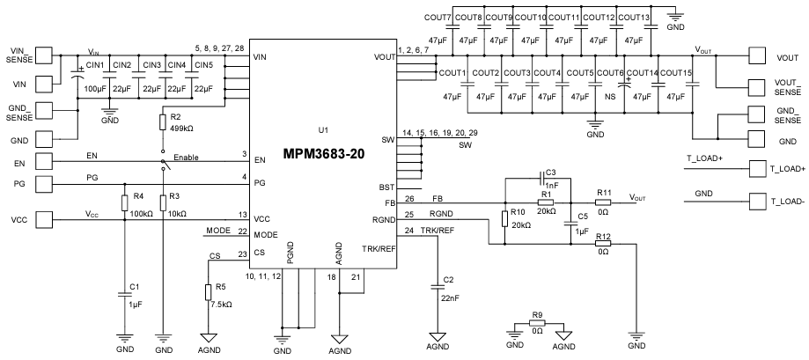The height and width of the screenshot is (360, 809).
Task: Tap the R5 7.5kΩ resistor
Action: click(208, 293)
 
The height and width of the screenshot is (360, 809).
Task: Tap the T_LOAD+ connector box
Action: click(758, 168)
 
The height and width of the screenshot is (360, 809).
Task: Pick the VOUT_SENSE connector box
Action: click(758, 86)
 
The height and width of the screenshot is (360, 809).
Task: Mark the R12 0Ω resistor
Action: click(603, 243)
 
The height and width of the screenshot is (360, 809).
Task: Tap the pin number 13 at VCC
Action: click(242, 215)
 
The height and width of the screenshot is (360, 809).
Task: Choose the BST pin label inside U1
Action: click(386, 187)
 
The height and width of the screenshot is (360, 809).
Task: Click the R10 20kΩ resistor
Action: click(504, 217)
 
